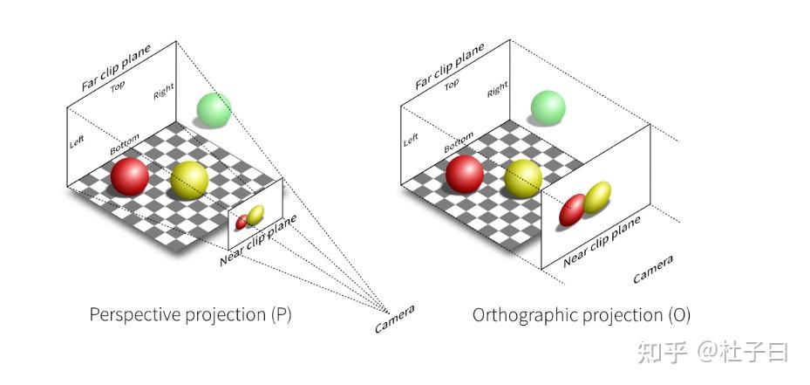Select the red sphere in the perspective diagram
click(x=129, y=177)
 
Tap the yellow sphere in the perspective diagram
click(x=189, y=180)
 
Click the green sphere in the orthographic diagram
click(x=548, y=107)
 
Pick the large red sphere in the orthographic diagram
click(x=464, y=174)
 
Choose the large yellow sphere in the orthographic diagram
click(x=523, y=177)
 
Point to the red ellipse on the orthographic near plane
click(x=572, y=210)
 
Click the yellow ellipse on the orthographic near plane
click(x=596, y=198)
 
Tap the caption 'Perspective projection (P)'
click(x=190, y=314)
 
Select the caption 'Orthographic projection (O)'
click(x=582, y=314)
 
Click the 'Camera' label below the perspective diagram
click(x=394, y=319)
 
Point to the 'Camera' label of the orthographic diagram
click(x=653, y=268)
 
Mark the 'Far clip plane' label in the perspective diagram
click(x=115, y=66)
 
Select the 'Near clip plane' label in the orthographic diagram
click(x=602, y=241)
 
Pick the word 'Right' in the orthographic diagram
click(x=498, y=88)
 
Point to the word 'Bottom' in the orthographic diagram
click(x=459, y=141)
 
